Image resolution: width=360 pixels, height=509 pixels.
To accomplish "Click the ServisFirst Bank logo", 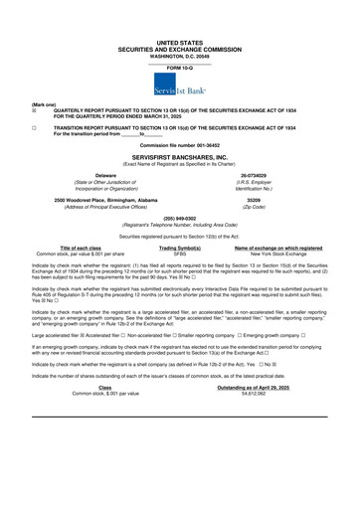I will pyautogui.click(x=180, y=90).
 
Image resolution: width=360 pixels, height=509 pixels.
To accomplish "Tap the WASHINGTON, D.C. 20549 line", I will pyautogui.click(x=180, y=56).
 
